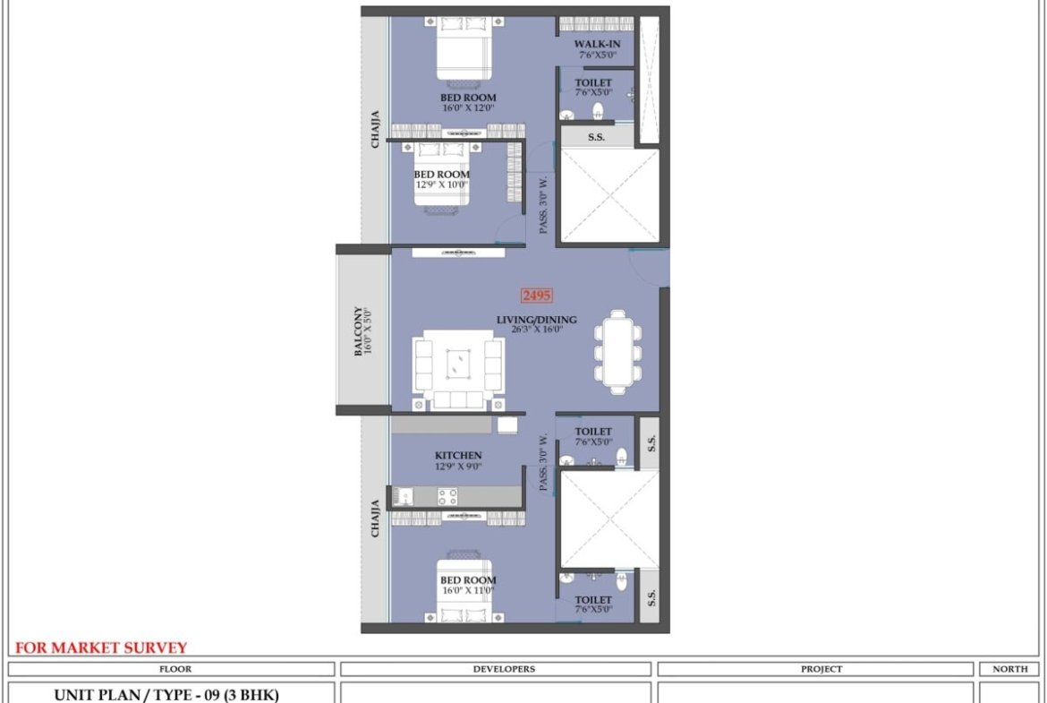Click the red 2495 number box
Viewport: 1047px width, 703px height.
[537, 296]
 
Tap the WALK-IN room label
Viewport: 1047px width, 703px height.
[597, 45]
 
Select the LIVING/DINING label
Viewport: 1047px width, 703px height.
[536, 320]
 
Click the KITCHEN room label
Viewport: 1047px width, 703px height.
[458, 456]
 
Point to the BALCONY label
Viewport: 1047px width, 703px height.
[359, 331]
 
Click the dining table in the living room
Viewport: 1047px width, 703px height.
[618, 351]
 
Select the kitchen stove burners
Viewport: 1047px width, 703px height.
[447, 496]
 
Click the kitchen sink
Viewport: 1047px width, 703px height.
[403, 496]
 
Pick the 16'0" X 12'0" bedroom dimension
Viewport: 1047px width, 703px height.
[468, 107]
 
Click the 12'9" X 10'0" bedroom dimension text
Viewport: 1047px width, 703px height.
[441, 184]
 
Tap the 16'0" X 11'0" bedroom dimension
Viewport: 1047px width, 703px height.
[468, 591]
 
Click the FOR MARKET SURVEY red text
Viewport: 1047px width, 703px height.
[101, 647]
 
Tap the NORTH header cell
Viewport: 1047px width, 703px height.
[1010, 669]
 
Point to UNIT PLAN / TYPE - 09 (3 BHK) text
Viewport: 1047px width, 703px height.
[166, 695]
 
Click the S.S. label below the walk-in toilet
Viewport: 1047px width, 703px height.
[596, 137]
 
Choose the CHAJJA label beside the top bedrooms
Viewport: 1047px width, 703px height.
[375, 129]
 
